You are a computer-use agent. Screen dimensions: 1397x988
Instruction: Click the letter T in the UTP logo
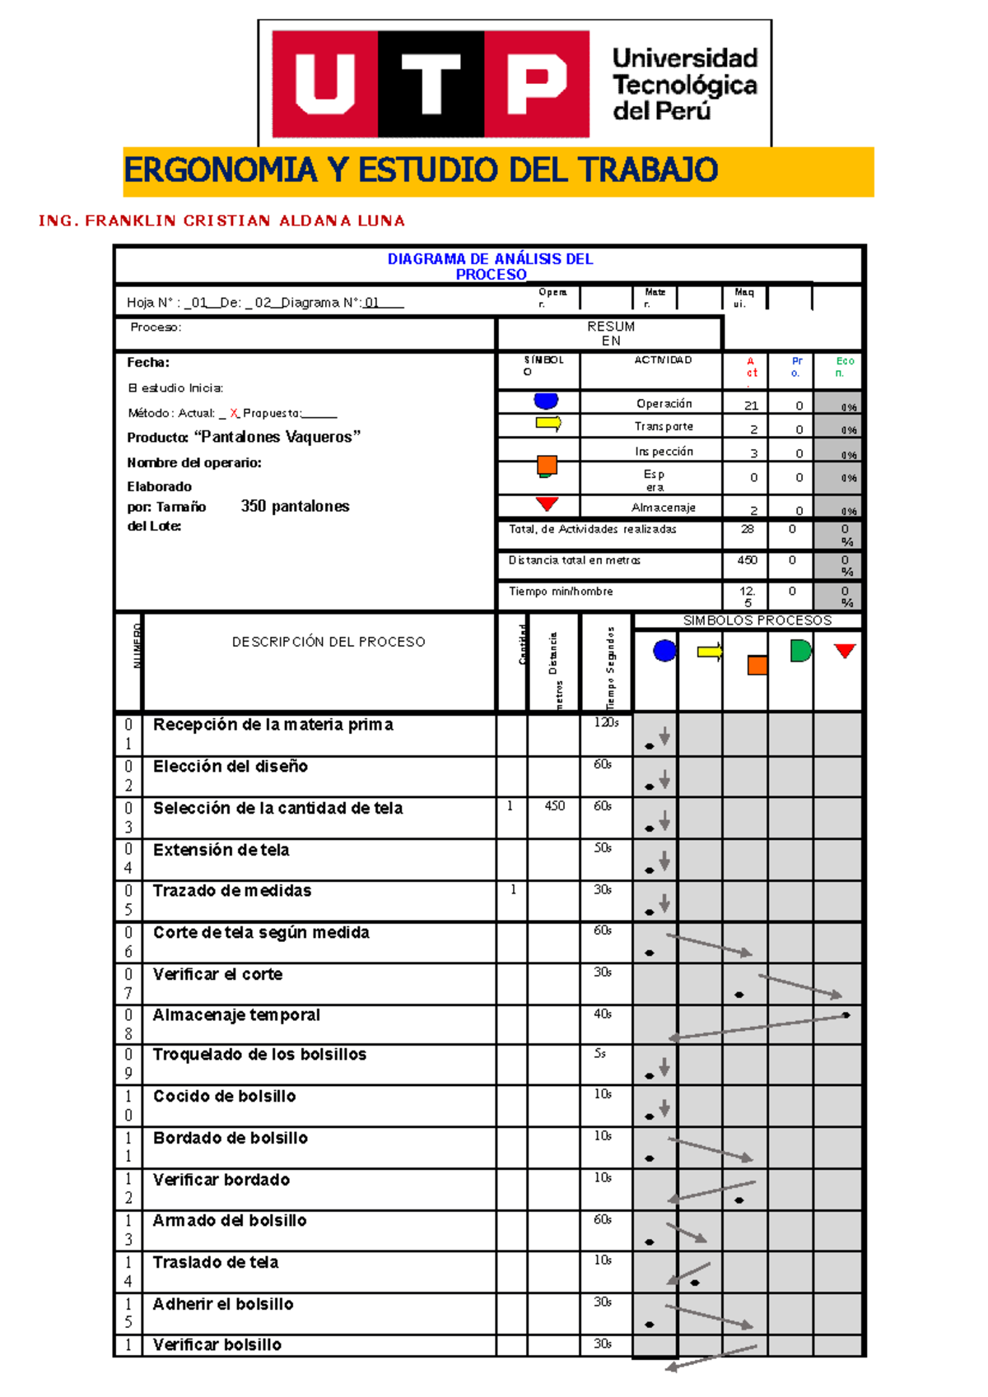click(x=431, y=84)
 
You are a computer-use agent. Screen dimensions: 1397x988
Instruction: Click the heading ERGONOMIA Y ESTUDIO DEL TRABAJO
click(x=421, y=170)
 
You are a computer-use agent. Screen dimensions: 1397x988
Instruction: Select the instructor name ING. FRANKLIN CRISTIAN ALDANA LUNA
click(x=221, y=220)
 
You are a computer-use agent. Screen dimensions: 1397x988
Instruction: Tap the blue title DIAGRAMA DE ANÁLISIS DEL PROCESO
click(x=491, y=266)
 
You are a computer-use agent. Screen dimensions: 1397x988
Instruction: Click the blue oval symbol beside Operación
click(x=546, y=401)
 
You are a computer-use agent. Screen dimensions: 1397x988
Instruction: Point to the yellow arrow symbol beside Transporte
click(x=548, y=424)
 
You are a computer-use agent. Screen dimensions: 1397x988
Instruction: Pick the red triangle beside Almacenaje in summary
click(x=547, y=504)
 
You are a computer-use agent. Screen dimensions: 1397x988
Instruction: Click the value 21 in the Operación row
click(x=751, y=406)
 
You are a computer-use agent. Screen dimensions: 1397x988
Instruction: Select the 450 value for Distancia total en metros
click(x=747, y=560)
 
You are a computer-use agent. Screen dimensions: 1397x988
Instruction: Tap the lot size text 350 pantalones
click(x=295, y=506)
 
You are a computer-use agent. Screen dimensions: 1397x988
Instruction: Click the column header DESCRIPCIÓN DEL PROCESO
click(x=329, y=642)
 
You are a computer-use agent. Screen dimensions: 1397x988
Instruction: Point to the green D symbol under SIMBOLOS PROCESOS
click(x=799, y=651)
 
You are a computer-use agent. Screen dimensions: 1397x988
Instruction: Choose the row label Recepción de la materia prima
click(x=273, y=725)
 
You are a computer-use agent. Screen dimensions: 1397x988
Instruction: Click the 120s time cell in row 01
click(x=606, y=722)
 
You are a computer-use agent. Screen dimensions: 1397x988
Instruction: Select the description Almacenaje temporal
click(x=236, y=1015)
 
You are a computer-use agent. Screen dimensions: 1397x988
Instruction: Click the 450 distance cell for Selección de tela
click(x=554, y=805)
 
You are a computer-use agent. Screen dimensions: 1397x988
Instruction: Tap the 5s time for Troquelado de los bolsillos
click(x=600, y=1053)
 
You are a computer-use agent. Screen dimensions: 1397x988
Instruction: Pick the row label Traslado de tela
click(x=216, y=1262)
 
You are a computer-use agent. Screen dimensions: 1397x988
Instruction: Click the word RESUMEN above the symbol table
click(x=611, y=333)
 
